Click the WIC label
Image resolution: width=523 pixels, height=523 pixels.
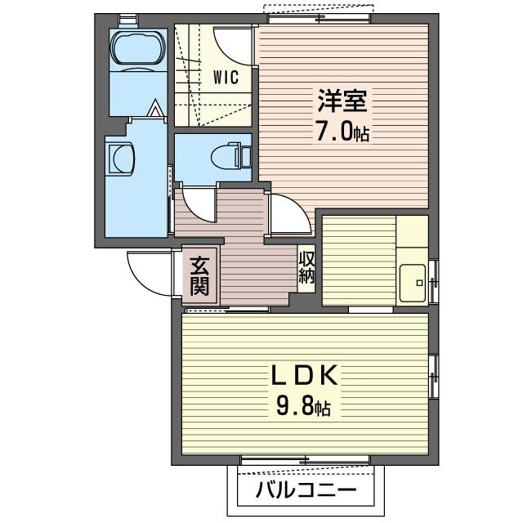[226, 77]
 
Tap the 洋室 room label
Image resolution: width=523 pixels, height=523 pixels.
[342, 101]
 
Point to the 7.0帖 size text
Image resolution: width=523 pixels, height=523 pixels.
[342, 131]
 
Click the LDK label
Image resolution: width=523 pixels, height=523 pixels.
[304, 375]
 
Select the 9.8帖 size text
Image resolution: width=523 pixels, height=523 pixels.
[303, 406]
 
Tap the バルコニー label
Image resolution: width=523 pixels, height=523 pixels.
[306, 490]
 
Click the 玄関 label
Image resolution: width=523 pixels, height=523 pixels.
[199, 275]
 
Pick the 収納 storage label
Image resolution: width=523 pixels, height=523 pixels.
[306, 267]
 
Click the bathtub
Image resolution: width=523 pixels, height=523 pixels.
[138, 49]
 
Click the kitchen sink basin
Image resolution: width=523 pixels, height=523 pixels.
[413, 283]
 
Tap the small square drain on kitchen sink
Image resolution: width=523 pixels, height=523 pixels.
[419, 284]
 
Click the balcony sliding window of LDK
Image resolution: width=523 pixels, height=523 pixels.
[305, 461]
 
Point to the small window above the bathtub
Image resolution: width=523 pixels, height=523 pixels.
[128, 19]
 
